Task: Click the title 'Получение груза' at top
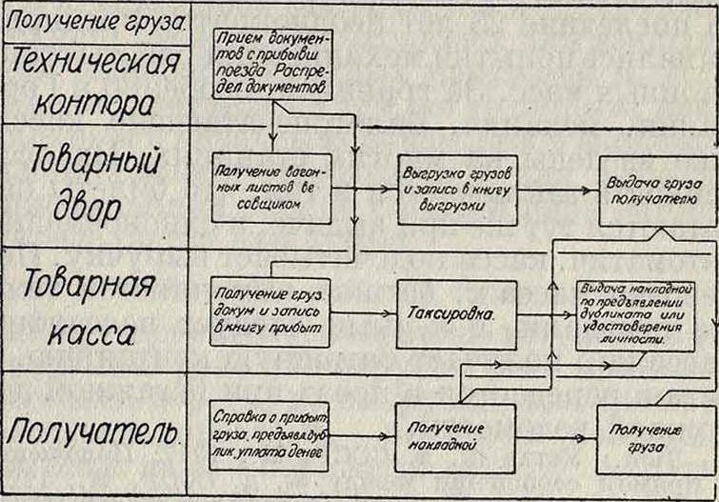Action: pyautogui.click(x=95, y=18)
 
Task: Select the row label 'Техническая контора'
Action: pyautogui.click(x=95, y=83)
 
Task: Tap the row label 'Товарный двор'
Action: pyautogui.click(x=95, y=183)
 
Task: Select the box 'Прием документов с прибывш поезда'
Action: pyautogui.click(x=271, y=64)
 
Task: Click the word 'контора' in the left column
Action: pyautogui.click(x=95, y=101)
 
